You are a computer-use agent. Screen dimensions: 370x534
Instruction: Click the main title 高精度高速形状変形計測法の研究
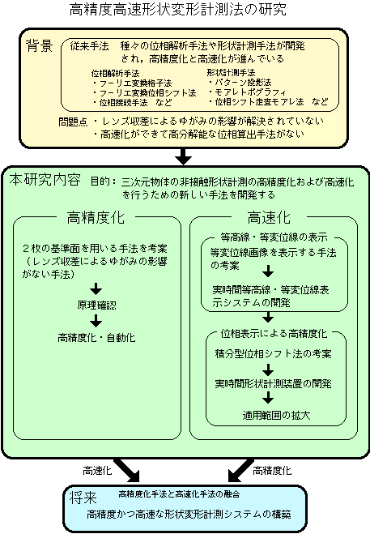coord(178,9)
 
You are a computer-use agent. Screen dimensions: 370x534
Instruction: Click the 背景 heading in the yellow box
coord(40,45)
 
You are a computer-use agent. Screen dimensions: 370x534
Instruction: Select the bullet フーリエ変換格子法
coord(132,83)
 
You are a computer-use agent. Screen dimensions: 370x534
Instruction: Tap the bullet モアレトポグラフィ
coord(247,92)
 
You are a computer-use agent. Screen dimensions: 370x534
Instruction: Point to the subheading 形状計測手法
coord(231,72)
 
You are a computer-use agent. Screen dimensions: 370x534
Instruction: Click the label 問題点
coord(73,122)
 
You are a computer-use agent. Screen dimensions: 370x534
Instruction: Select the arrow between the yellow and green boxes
coord(184,156)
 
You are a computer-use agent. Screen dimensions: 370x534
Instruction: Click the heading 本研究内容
coord(45,179)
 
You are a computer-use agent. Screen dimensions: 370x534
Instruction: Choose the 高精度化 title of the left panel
coord(96,217)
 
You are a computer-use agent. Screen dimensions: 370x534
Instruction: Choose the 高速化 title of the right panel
coord(269,217)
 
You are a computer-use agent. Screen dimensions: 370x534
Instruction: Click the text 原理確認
coord(96,305)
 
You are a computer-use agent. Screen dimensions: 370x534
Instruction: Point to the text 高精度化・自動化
coord(96,337)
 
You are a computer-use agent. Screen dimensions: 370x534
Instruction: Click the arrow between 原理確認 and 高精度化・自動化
coord(96,321)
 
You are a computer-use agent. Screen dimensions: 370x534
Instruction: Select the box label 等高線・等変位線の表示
coord(274,237)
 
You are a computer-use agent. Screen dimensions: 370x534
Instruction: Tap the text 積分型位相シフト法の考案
coord(274,353)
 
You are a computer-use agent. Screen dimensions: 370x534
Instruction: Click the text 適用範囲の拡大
coord(276,415)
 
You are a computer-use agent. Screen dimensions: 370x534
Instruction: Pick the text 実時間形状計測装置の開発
coord(274,384)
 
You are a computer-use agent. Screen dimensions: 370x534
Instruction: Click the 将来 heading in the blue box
coord(83,498)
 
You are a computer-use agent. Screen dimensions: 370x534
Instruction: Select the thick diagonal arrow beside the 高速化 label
coord(127,470)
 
